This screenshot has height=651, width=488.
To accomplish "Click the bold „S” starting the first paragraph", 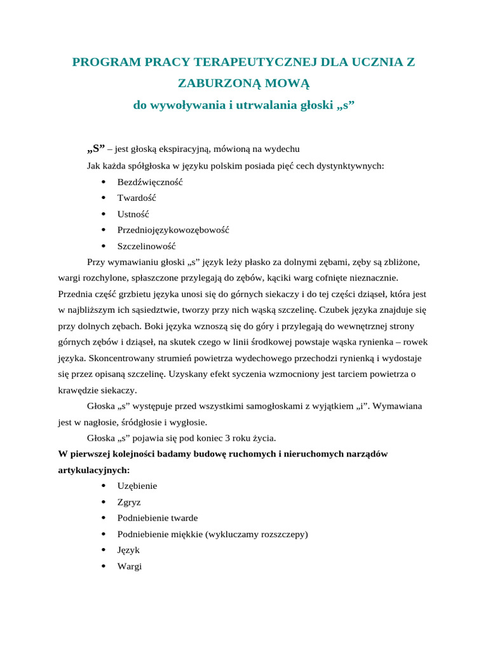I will [95, 149].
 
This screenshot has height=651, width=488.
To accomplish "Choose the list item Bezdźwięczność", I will [150, 182].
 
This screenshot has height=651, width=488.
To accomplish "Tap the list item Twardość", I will [137, 198].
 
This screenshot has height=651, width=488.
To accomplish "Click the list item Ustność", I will [133, 214].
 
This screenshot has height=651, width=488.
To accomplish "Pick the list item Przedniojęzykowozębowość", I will [173, 230].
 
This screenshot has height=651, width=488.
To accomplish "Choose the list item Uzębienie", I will [137, 486].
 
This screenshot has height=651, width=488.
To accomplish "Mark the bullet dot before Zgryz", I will [103, 502].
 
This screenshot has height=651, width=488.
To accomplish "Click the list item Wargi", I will [130, 566].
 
